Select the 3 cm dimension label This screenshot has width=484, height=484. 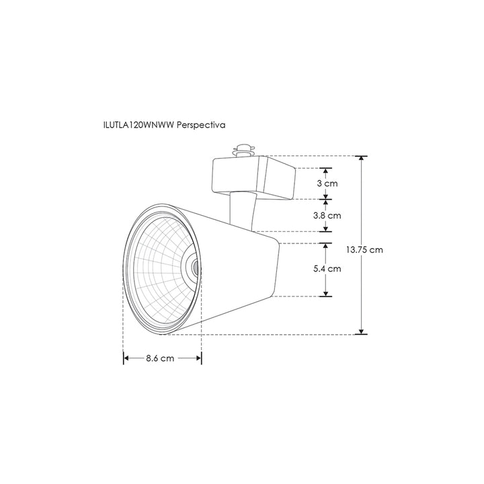pos(327,184)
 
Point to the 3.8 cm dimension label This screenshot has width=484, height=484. pos(327,216)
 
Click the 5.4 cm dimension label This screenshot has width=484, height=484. pos(327,269)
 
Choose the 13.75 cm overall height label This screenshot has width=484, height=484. pos(365,249)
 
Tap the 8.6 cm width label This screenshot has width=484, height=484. pos(160,358)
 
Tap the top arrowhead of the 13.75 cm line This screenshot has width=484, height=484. pos(363,160)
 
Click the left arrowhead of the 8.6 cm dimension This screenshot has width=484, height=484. pos(126,358)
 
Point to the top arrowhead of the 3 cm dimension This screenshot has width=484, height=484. pos(327,171)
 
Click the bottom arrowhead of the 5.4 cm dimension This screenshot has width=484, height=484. pos(327,292)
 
